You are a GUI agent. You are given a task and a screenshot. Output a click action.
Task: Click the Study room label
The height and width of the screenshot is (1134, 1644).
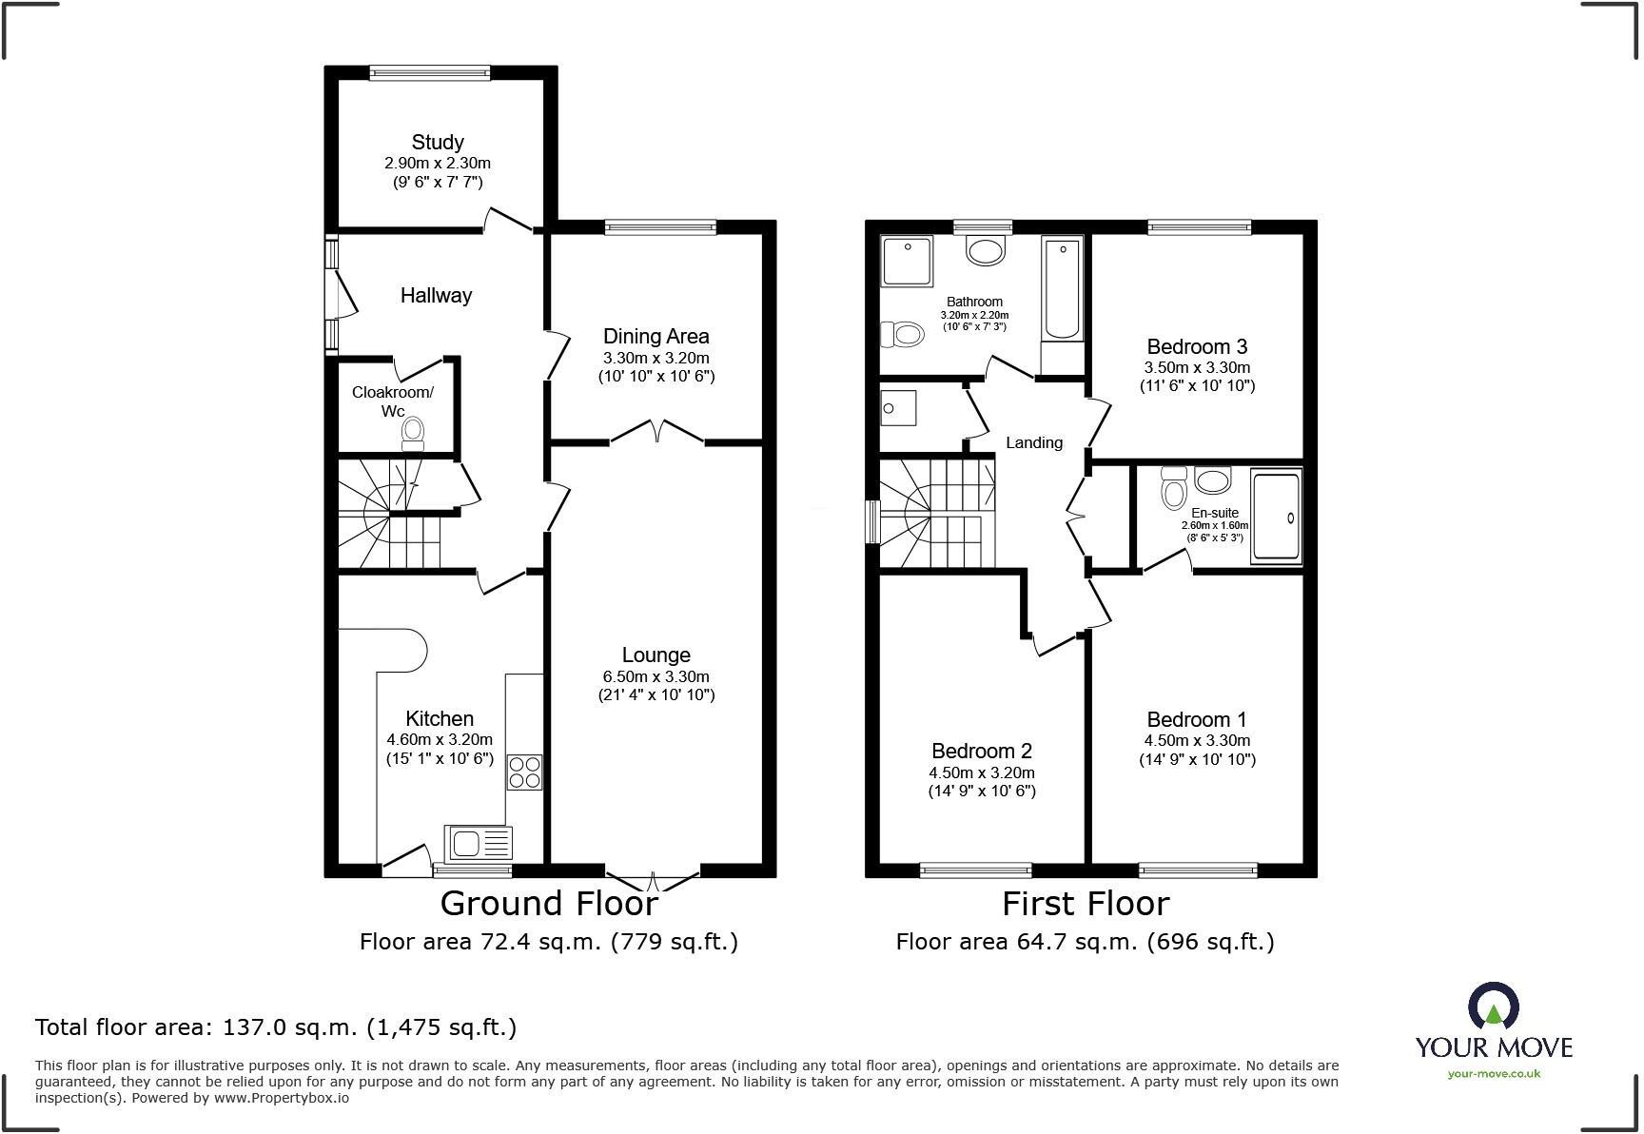pos(437,142)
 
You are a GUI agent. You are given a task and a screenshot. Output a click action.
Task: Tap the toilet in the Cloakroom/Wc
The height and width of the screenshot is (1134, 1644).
pos(412,434)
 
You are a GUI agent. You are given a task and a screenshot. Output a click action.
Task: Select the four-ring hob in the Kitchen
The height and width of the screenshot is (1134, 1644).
pos(525,772)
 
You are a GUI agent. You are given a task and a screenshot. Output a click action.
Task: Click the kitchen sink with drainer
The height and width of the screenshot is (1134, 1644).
pos(479,844)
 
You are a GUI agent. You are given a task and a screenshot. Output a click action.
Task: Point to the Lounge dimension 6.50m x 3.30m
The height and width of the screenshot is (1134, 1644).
pos(656,676)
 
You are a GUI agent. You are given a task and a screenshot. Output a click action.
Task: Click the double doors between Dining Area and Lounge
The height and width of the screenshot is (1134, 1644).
pos(656,433)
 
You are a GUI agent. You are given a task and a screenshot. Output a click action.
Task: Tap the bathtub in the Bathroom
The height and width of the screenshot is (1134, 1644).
pos(1063,290)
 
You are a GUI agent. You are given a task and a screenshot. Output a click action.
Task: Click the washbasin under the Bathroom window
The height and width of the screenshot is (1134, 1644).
pos(985,251)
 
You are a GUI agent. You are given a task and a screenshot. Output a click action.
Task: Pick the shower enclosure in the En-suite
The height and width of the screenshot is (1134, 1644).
pos(1276,517)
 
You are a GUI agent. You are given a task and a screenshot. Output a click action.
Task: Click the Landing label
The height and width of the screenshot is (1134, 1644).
pos(1033,442)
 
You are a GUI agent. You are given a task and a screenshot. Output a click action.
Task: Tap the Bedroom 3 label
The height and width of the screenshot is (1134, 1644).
pos(1197,346)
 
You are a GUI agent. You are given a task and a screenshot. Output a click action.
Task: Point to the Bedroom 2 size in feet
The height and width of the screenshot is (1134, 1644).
pos(982,791)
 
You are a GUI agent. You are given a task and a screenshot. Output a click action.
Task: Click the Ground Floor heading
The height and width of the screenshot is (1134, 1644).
pos(549,903)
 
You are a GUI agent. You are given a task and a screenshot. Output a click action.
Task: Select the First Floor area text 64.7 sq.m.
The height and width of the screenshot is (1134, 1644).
pos(1085,942)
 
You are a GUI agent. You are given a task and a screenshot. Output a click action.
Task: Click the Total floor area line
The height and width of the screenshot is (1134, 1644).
pos(276,1027)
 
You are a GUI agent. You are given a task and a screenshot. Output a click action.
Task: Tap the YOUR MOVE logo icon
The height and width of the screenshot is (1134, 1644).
pos(1493,1007)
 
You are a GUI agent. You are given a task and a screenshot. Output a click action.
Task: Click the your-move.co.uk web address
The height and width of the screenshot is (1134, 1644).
pos(1493,1074)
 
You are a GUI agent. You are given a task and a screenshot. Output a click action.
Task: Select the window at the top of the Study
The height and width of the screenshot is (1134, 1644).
pos(430,71)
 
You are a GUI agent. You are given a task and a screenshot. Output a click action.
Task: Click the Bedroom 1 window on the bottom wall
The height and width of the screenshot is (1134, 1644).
pos(1198,870)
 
